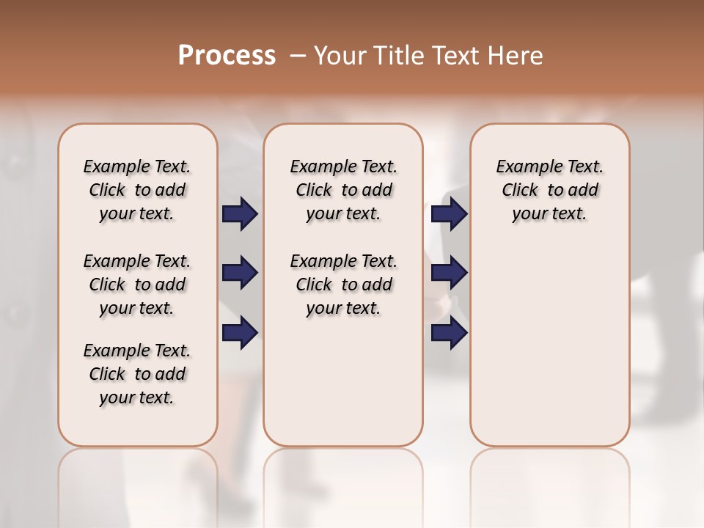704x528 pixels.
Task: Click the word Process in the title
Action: [227, 56]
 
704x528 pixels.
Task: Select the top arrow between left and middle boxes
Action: [240, 214]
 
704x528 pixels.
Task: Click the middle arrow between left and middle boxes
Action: [240, 274]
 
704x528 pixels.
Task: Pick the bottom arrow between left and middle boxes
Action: [240, 334]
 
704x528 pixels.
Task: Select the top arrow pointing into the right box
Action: [449, 214]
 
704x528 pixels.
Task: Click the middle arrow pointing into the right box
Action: [449, 274]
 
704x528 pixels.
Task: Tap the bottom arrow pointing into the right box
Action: [449, 334]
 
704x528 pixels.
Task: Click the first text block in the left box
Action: [137, 190]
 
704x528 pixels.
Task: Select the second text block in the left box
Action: [137, 285]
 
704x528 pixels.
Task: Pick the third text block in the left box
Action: [137, 374]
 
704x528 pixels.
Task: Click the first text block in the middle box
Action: [343, 190]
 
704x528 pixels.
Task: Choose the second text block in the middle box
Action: [343, 285]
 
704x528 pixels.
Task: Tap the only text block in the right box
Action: [549, 190]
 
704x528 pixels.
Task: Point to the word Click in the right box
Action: [520, 191]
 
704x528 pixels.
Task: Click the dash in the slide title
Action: [298, 56]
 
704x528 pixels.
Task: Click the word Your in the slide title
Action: [338, 56]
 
